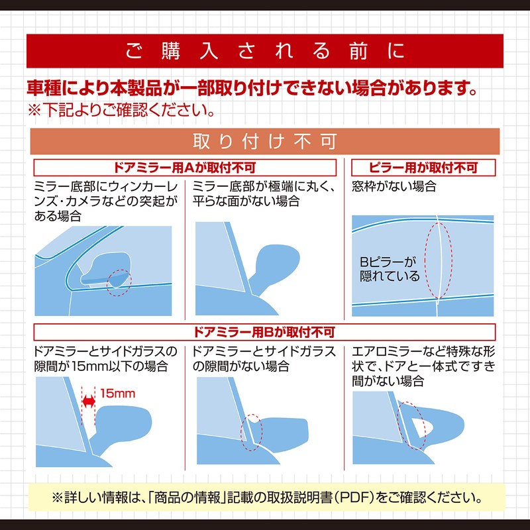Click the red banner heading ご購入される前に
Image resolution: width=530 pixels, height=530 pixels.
coord(265,51)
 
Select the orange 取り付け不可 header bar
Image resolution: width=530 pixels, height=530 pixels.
coord(265,142)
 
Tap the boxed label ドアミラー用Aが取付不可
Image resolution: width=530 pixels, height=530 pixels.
coord(185,167)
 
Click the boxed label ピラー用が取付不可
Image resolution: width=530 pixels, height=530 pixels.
coord(423,167)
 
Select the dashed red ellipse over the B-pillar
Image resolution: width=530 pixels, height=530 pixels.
coord(437,260)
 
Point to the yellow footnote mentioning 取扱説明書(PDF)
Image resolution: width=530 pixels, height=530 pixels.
coord(265,496)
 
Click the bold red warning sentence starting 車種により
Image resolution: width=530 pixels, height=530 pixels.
coord(252,87)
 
